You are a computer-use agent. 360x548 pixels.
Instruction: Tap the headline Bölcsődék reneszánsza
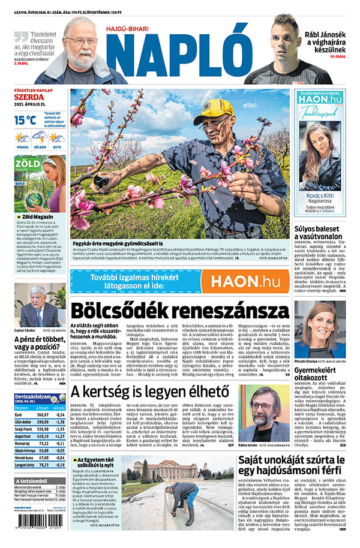click(x=179, y=312)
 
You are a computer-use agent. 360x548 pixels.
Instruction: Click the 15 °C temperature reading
click(x=25, y=119)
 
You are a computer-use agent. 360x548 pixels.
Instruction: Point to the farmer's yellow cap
click(x=214, y=111)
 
